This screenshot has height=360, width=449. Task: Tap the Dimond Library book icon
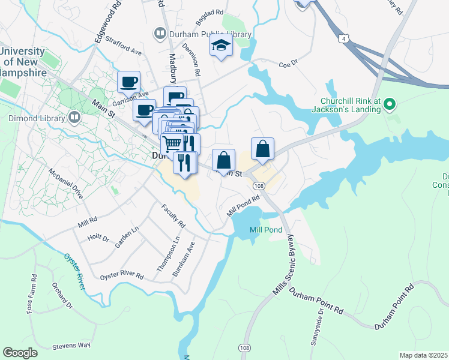click(74, 117)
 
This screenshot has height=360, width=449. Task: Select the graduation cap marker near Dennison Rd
click(221, 46)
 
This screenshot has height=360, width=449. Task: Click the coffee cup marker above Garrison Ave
click(128, 81)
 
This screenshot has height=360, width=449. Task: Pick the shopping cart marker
click(172, 143)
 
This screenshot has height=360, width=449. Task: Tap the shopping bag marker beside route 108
click(263, 149)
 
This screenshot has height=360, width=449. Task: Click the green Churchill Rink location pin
click(390, 105)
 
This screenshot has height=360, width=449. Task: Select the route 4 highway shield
click(343, 38)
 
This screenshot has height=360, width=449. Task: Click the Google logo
click(20, 352)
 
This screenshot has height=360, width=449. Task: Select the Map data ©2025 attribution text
click(423, 355)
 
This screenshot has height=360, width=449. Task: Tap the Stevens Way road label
click(71, 346)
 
